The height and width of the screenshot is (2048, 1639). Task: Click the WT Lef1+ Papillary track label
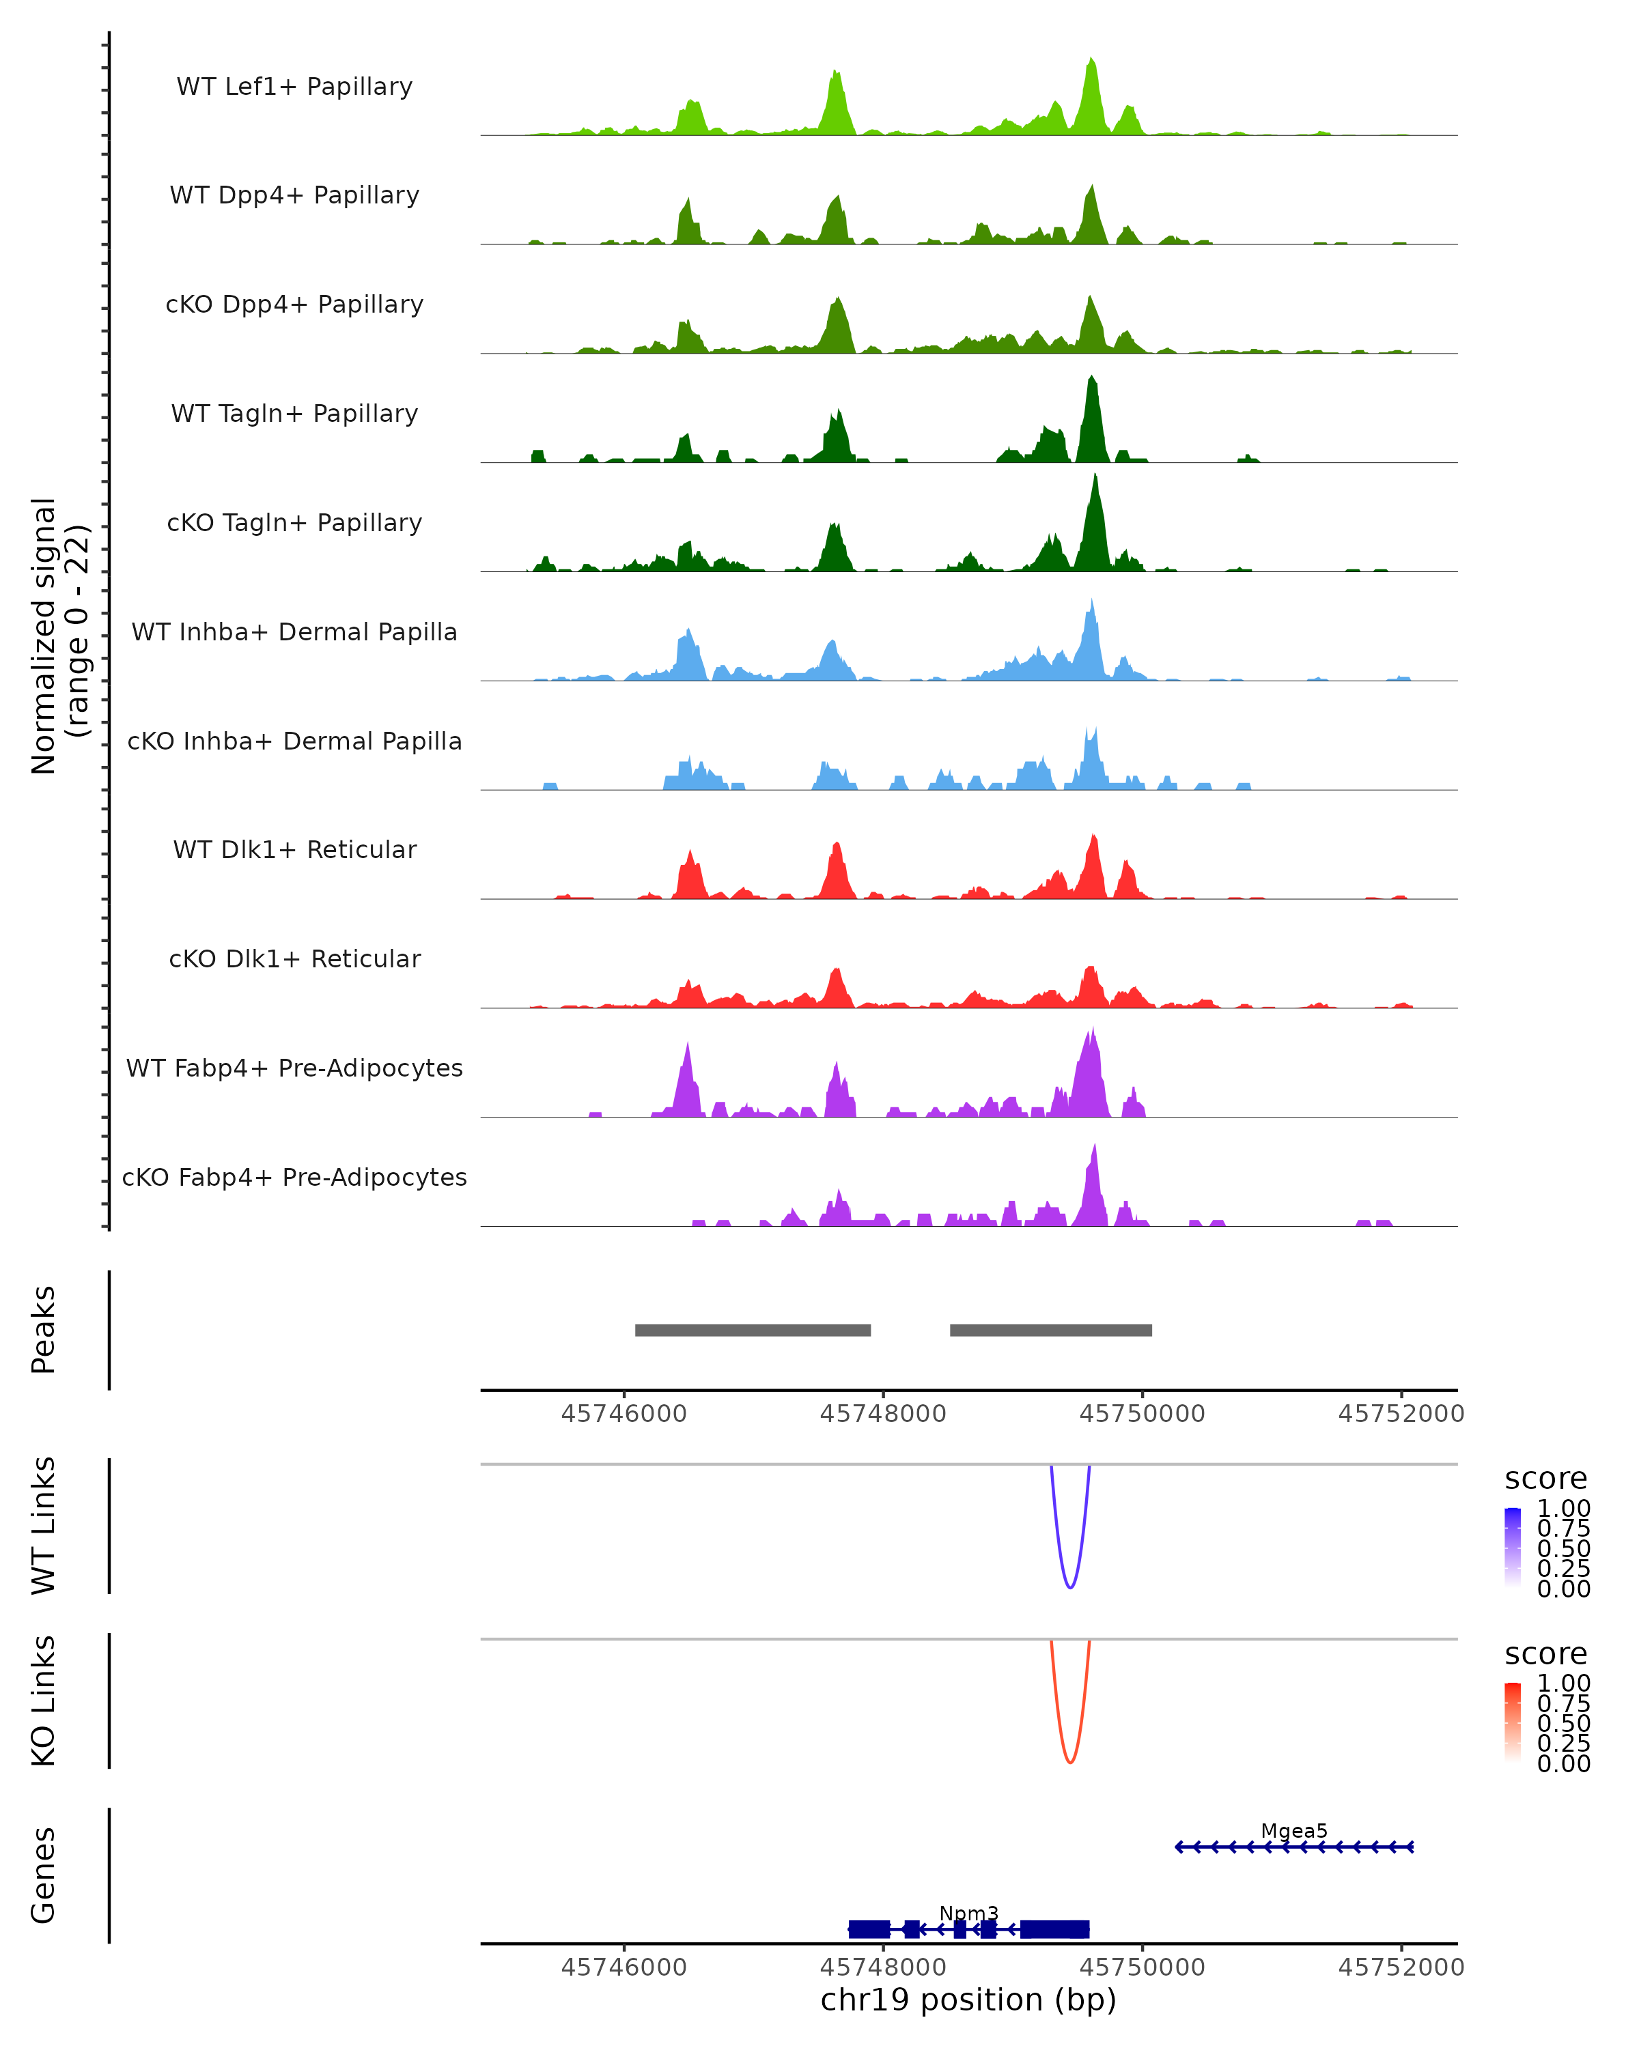(294, 87)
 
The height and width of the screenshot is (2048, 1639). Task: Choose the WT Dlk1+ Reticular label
(294, 849)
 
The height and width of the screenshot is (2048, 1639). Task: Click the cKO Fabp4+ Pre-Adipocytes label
(294, 1177)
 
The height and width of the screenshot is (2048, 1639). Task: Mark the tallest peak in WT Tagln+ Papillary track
(1092, 380)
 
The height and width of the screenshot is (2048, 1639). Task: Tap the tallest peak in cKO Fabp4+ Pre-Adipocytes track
(1095, 1150)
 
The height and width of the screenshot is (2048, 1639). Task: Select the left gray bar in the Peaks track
(753, 1330)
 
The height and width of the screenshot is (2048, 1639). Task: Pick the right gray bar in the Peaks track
(1051, 1330)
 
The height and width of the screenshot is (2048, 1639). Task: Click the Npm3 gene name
(968, 1913)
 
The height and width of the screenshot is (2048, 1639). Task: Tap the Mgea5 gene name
(1293, 1830)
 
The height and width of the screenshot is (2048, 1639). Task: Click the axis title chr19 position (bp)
(968, 2000)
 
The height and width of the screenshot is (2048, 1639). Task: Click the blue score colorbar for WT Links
(1513, 1546)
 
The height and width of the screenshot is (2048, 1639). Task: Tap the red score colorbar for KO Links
(1513, 1721)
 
